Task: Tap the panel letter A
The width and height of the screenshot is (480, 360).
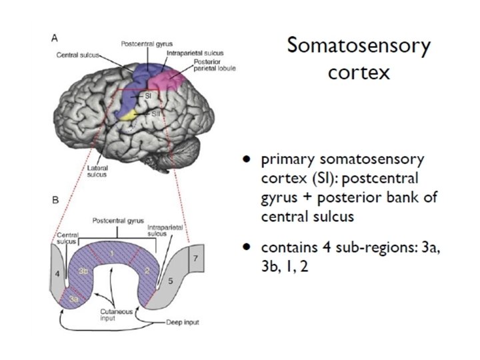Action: coord(54,39)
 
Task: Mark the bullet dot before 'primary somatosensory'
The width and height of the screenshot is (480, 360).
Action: coord(247,160)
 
